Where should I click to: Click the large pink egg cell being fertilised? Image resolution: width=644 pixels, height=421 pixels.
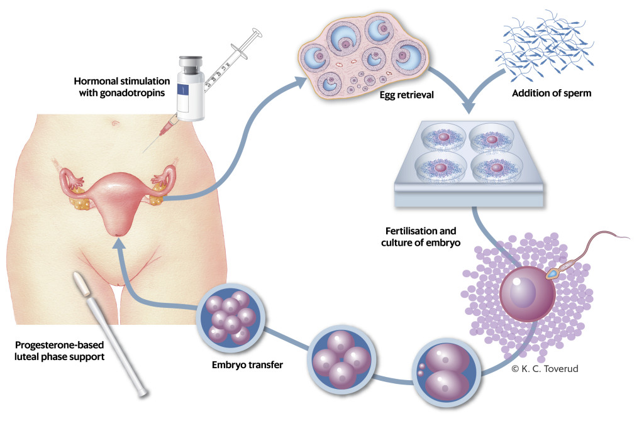(x=527, y=295)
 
